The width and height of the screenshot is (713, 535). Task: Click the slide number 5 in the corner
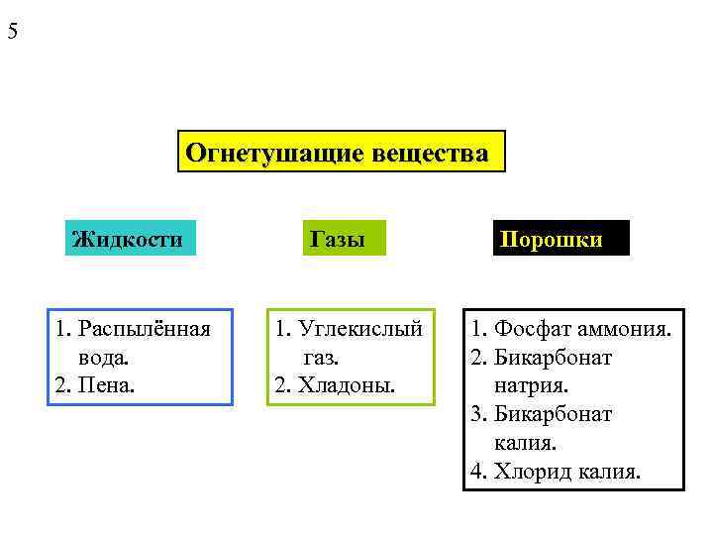(13, 31)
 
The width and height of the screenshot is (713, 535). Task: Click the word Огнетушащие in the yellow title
(274, 154)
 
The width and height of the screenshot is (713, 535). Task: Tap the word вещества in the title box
(432, 154)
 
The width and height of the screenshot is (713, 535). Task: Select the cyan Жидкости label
(129, 239)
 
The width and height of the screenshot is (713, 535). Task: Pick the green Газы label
(338, 239)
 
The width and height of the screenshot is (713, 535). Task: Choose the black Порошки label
(561, 239)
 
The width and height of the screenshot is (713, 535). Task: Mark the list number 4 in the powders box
(477, 471)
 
